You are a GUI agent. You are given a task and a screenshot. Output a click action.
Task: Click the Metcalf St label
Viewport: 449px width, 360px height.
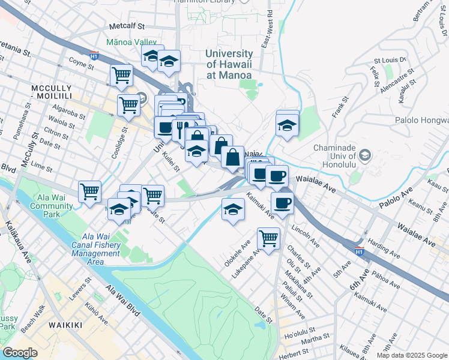coord(127,26)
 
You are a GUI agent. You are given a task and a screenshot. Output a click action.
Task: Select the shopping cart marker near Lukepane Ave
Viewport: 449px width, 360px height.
coord(268,237)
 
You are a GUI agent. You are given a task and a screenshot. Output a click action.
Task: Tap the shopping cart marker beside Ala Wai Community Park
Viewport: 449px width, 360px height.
coord(89,191)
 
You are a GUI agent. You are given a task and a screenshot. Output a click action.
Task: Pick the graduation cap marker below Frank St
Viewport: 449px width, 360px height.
coord(287,125)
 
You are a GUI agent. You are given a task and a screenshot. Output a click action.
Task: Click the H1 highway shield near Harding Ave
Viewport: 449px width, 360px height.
coord(359,248)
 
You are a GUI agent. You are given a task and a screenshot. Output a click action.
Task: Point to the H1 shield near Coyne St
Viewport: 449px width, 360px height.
coord(94,56)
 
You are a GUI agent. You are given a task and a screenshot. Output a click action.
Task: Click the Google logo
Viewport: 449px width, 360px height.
coord(20,352)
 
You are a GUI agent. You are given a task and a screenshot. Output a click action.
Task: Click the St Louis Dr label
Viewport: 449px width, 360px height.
coord(390,61)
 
